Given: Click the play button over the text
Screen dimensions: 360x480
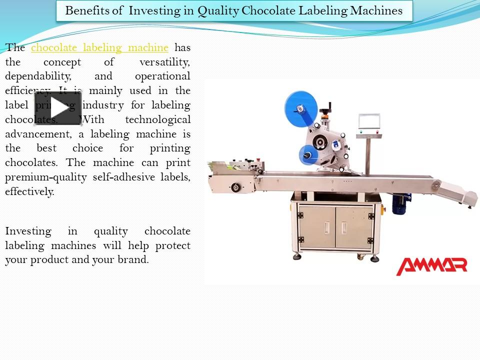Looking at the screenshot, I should (57, 108).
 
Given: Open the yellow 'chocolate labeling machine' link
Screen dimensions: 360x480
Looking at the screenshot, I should (99, 47).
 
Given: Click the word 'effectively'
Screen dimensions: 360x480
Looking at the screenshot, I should (29, 191).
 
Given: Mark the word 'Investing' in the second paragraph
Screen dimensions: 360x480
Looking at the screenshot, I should (28, 231).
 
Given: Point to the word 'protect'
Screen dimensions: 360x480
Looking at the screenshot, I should (172, 246).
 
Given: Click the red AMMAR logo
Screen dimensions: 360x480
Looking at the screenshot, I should (431, 265).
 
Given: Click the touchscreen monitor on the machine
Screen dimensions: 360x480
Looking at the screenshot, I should (369, 122).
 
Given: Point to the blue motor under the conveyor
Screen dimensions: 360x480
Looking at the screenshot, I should (401, 203).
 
